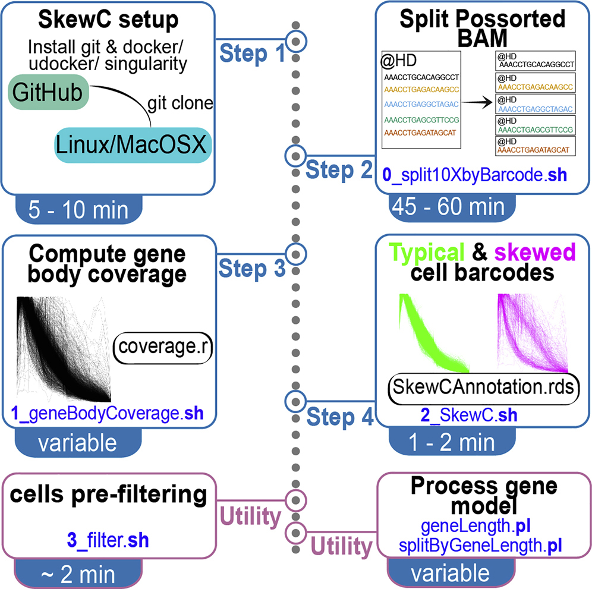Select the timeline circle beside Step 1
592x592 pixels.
296,41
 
